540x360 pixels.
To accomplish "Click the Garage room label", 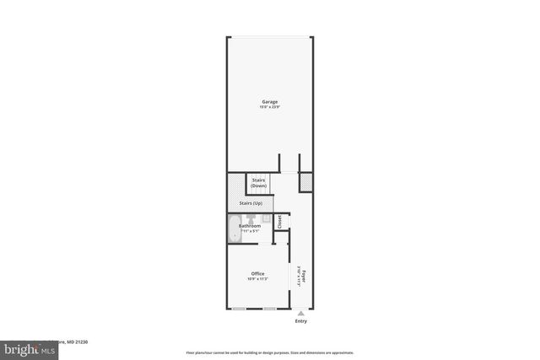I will click(269, 102).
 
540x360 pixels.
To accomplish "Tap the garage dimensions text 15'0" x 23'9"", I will click(269, 107).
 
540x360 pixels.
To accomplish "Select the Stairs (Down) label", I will click(258, 182).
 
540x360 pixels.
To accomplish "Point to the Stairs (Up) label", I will click(251, 203).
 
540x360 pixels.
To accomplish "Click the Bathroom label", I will click(250, 225).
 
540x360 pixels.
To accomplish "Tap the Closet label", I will click(280, 222).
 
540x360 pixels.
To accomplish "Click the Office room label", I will click(257, 273).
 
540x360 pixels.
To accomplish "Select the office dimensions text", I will click(257, 279).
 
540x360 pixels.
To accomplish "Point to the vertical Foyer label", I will click(304, 274).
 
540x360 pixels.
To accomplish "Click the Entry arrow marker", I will click(301, 313).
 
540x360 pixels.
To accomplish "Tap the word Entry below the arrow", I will click(301, 321).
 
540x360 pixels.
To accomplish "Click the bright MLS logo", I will click(27, 349).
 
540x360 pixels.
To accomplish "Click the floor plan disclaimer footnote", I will click(269, 352).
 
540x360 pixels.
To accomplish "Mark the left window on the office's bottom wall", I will click(239, 309).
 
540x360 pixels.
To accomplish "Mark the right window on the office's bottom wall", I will click(269, 309).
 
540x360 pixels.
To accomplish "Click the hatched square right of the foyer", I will click(306, 181).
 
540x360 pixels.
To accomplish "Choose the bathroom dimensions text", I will click(250, 230).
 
